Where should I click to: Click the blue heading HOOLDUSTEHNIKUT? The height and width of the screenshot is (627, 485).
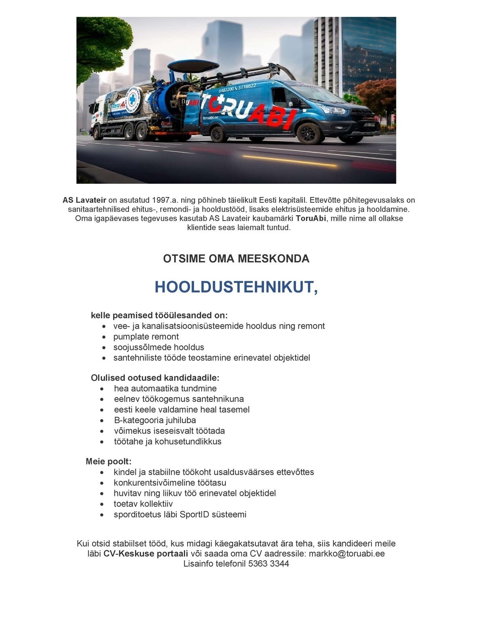click(236, 287)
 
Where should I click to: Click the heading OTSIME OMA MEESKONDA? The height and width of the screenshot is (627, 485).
click(236, 259)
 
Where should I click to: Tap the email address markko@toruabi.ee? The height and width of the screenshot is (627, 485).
click(346, 554)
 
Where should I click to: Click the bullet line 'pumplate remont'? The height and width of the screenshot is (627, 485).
click(146, 337)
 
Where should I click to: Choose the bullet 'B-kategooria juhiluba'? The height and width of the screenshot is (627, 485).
click(155, 420)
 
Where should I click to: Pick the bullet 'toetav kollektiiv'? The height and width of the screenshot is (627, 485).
click(143, 504)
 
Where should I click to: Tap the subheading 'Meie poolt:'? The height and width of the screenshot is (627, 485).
click(109, 461)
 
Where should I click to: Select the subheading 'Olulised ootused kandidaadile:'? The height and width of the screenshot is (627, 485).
click(155, 378)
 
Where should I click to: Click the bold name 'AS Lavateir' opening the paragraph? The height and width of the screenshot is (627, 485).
click(84, 200)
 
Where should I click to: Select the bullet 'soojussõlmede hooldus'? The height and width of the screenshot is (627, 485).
click(158, 347)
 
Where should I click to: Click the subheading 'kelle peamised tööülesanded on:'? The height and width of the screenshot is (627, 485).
click(159, 315)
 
